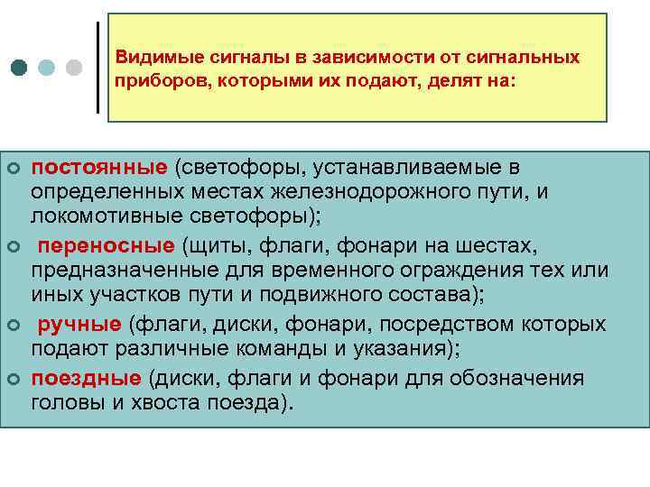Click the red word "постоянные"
point(99,167)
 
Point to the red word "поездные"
point(87,377)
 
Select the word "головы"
point(63,403)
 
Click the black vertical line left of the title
point(97,67)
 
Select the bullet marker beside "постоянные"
point(13,168)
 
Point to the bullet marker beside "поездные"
point(13,378)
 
